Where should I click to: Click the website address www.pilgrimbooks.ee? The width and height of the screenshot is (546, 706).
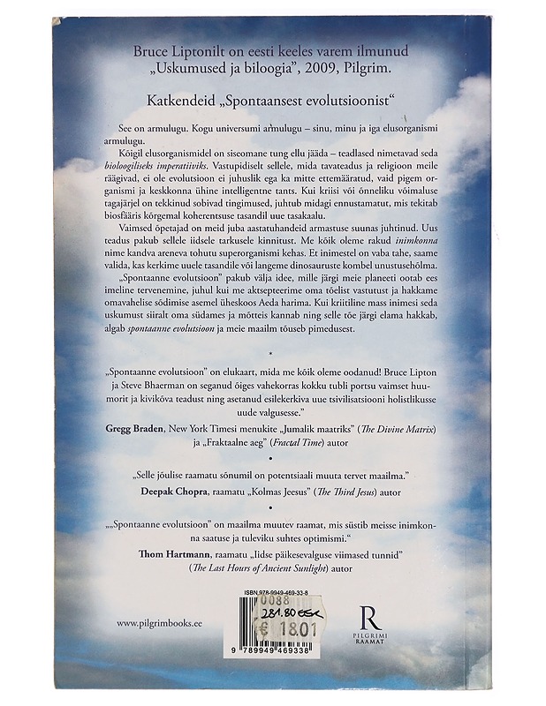(161, 622)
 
